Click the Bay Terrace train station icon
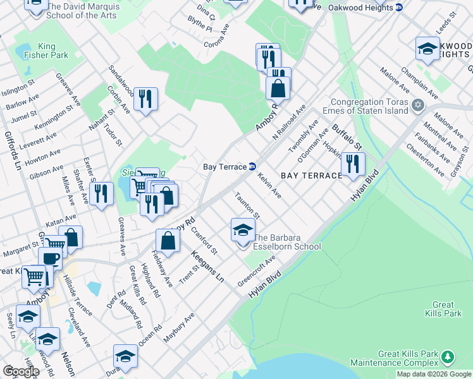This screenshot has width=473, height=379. coord(252,167)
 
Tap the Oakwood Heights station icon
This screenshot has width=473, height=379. coord(398,8)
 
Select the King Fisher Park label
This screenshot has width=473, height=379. coord(52,51)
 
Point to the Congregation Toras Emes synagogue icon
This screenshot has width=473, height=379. coord(417,104)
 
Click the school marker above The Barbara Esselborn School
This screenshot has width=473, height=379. coord(242,231)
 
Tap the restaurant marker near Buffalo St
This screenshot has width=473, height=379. coord(352,164)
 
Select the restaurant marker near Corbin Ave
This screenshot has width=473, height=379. coord(145,99)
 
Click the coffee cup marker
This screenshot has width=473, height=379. coord(50,258)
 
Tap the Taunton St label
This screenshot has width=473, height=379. coord(248,205)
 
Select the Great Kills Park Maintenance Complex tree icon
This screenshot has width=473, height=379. coord(448,358)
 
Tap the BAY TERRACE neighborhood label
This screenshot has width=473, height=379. coord(310,175)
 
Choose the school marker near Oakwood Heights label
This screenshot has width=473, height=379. coord(427,49)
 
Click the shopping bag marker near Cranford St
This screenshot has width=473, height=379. coord(168,241)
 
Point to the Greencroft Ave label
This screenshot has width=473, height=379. coord(257,270)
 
